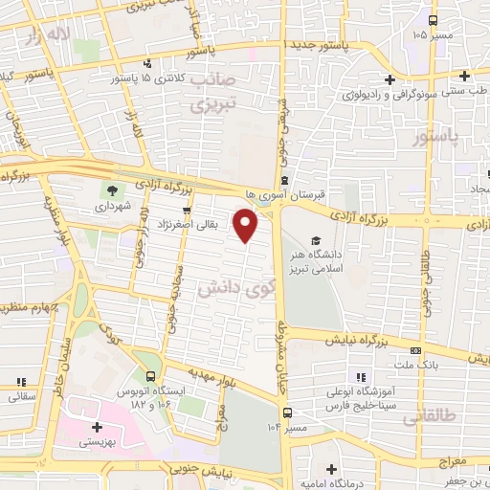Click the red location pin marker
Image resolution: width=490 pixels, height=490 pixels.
click(x=247, y=227)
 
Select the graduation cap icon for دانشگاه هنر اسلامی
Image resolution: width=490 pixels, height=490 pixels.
click(x=315, y=240)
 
